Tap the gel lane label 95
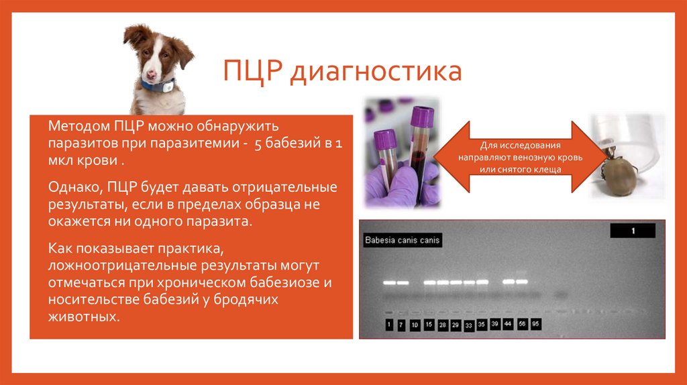535,324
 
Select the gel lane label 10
415,325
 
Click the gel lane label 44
508,324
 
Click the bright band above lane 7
402,283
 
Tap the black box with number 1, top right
633,231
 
